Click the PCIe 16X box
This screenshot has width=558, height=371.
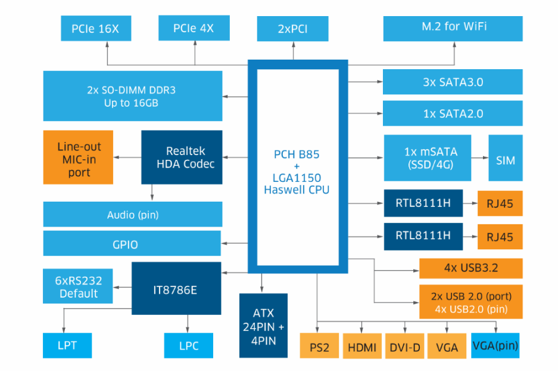(x=95, y=29)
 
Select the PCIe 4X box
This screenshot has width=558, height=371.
(x=194, y=29)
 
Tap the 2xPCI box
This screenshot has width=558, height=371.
(x=292, y=29)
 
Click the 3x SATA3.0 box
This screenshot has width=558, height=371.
(x=453, y=82)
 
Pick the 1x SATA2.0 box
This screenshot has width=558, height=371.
(x=453, y=113)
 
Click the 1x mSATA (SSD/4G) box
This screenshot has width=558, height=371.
(x=430, y=158)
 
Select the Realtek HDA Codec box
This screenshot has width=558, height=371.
(x=182, y=157)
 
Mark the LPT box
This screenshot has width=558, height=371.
(x=67, y=345)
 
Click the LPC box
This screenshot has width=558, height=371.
(x=188, y=345)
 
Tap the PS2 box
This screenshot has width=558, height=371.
(x=319, y=346)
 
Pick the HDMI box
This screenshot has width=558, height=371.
(x=362, y=346)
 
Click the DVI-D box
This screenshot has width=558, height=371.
(x=405, y=346)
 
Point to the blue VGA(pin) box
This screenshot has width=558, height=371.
(x=495, y=345)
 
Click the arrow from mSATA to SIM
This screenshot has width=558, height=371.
(x=479, y=158)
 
